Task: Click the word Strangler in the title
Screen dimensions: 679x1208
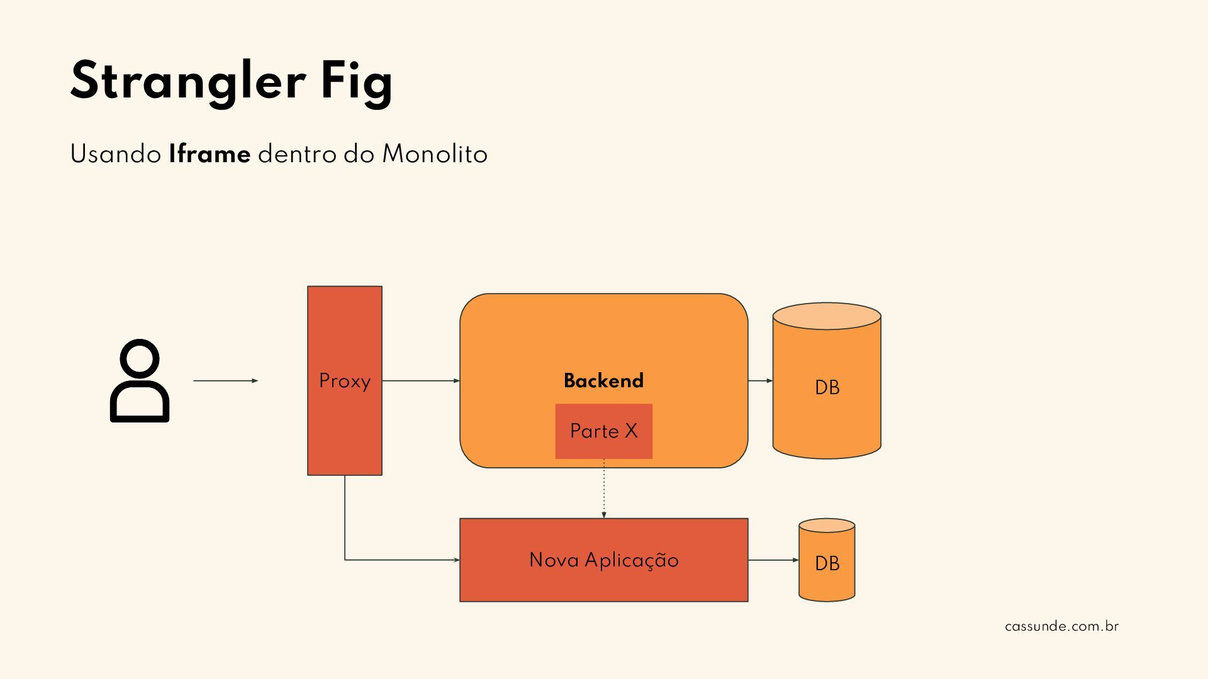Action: click(x=187, y=80)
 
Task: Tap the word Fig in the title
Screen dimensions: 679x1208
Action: click(x=357, y=82)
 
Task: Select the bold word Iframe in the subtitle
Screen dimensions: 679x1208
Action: click(x=210, y=154)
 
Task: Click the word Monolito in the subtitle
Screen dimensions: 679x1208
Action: click(x=435, y=154)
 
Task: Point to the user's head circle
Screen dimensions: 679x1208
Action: click(x=139, y=360)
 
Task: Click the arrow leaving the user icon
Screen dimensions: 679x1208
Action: click(x=225, y=380)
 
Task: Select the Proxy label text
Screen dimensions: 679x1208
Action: click(x=345, y=381)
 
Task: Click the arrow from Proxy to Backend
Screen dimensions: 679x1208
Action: click(x=420, y=380)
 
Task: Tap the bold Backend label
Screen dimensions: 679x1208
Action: click(x=603, y=380)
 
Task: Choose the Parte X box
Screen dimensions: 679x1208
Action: click(x=603, y=431)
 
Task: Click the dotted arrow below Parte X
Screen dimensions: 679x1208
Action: click(x=604, y=489)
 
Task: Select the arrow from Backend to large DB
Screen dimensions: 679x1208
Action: click(x=760, y=380)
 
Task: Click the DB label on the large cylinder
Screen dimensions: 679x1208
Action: click(x=827, y=387)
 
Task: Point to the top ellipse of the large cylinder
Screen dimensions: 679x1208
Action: click(x=827, y=316)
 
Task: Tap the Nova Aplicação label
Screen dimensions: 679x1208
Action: click(x=603, y=560)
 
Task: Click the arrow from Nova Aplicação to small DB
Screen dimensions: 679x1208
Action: click(x=773, y=560)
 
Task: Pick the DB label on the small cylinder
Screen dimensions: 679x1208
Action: click(x=827, y=563)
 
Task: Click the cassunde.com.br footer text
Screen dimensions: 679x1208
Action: click(x=1061, y=626)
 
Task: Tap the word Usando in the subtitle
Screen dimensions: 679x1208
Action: click(x=116, y=154)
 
